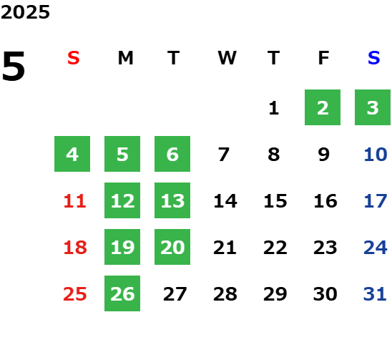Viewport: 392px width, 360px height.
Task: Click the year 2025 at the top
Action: click(25, 12)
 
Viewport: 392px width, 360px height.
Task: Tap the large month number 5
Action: click(14, 66)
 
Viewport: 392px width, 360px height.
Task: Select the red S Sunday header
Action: click(74, 58)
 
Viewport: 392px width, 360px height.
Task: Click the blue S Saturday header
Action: click(373, 58)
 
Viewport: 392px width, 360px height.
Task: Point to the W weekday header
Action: click(227, 58)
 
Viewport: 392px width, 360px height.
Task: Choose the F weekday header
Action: click(324, 58)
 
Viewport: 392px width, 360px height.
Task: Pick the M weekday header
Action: click(125, 58)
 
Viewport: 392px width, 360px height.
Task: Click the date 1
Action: click(274, 108)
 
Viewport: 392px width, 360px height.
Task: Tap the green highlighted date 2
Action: click(323, 107)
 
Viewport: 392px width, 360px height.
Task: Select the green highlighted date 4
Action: click(72, 154)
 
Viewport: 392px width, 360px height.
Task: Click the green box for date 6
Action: click(172, 154)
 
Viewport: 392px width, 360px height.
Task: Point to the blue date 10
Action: click(376, 155)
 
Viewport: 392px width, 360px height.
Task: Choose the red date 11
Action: click(74, 201)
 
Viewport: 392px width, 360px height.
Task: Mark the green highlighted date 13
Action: click(172, 200)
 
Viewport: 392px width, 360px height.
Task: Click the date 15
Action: click(275, 201)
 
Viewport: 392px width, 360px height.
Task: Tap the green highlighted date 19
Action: click(122, 247)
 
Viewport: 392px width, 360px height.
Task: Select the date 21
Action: click(225, 248)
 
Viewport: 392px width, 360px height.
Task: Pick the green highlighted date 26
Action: click(122, 293)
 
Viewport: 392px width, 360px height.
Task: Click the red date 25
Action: click(74, 294)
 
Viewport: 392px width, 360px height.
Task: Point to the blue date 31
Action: click(375, 294)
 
